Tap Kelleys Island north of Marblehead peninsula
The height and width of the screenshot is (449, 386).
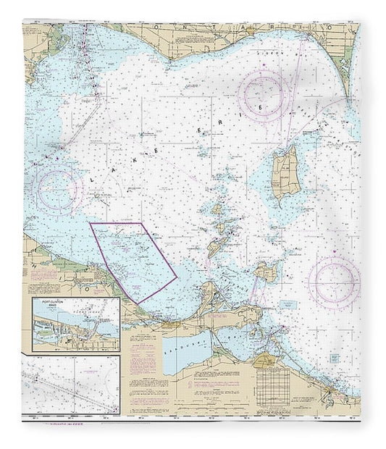point(265,272)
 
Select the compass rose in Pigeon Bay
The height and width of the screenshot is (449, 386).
point(264,96)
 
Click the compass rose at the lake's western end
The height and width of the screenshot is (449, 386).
point(57,190)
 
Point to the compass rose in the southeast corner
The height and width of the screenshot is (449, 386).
point(333,281)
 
